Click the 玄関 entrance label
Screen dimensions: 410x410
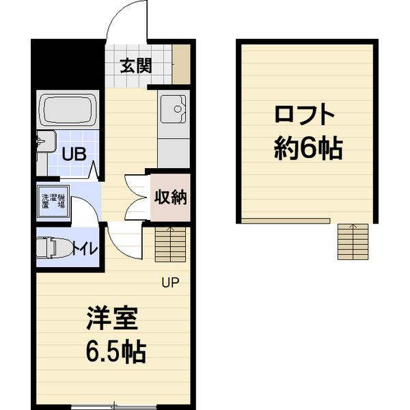135,66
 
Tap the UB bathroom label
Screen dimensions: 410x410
74,152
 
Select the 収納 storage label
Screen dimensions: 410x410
170,197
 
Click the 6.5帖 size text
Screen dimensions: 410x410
115,351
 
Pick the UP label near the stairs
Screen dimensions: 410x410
170,282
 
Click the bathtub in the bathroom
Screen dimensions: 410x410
66,109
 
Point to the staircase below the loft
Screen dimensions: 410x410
353,241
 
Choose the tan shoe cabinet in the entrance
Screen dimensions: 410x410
181,64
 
